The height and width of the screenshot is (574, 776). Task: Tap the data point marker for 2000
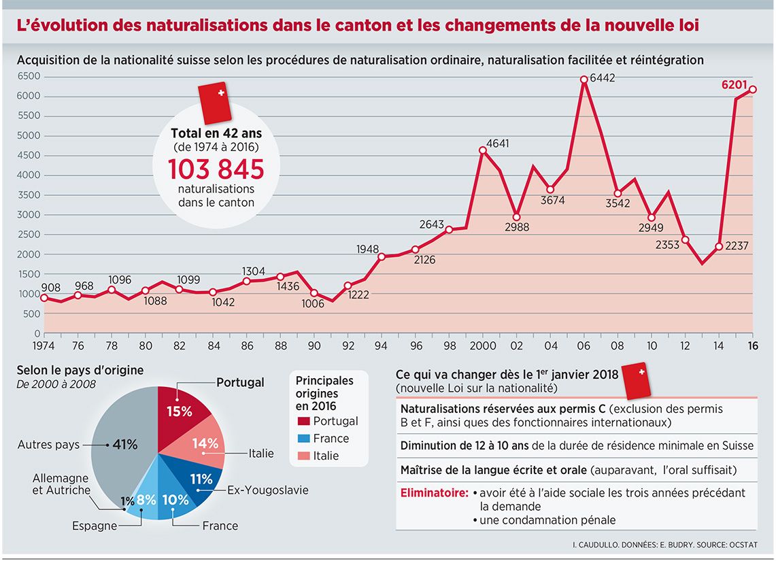(x=482, y=151)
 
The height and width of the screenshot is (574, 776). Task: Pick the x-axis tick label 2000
(x=482, y=344)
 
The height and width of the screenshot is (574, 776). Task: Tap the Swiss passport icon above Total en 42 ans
(x=215, y=102)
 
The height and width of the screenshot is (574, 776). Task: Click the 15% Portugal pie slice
(x=180, y=411)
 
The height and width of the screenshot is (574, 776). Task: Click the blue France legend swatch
(x=303, y=439)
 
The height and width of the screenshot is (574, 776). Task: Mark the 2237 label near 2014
(x=732, y=246)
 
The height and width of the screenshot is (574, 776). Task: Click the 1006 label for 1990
(x=313, y=304)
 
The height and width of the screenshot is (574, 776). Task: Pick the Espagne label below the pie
(x=95, y=526)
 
